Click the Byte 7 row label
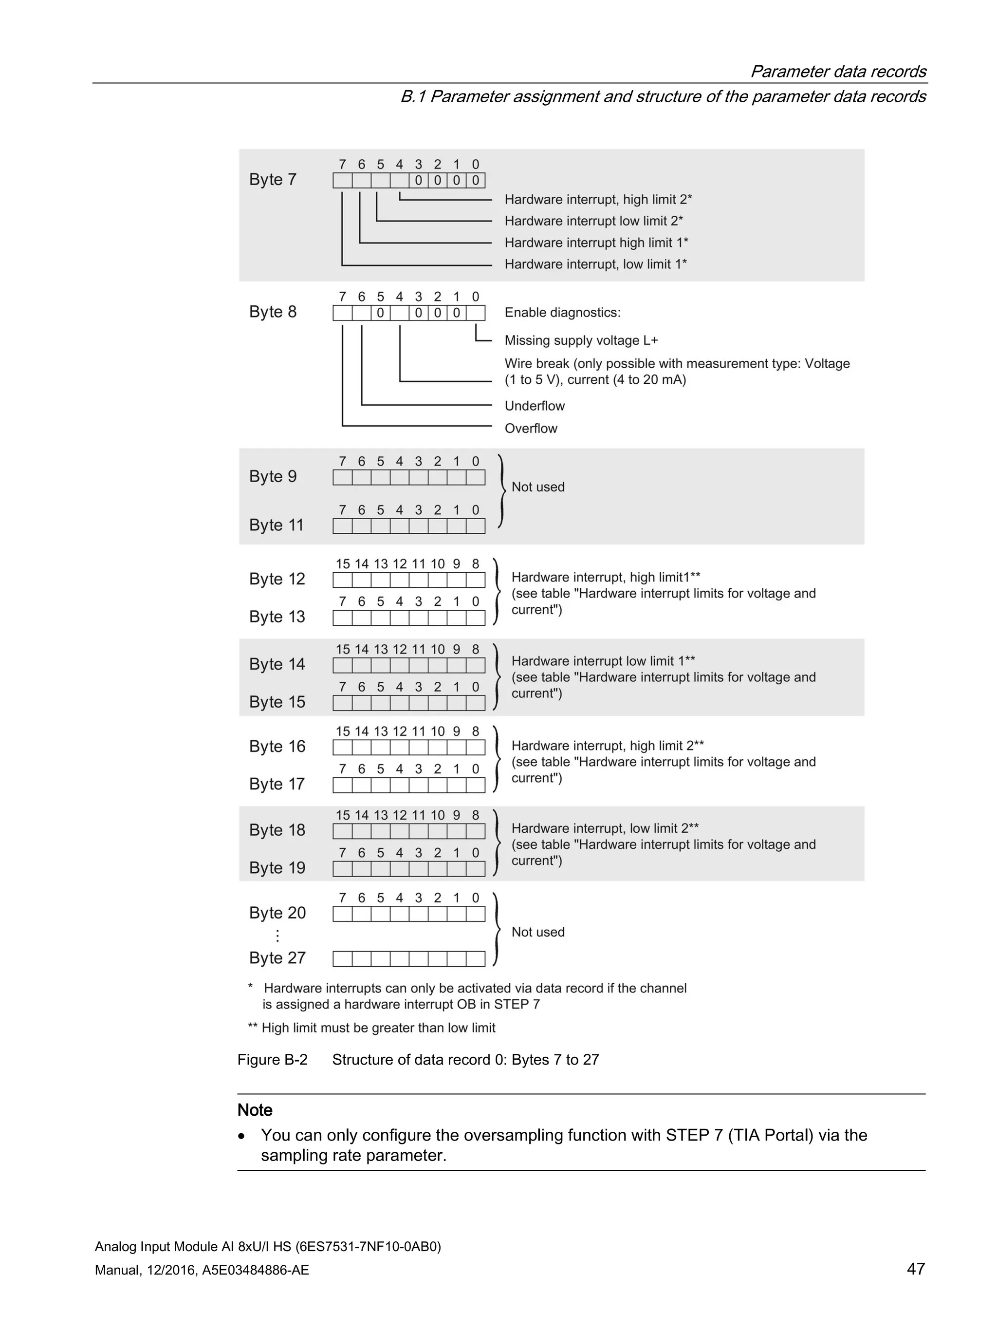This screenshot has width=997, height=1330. (x=273, y=180)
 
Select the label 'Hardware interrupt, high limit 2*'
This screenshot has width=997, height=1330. (x=598, y=200)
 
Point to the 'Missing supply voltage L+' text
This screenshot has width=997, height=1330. (x=581, y=341)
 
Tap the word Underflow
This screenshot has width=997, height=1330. (x=534, y=406)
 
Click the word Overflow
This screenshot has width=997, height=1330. (x=531, y=429)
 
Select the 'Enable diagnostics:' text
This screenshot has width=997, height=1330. (x=562, y=313)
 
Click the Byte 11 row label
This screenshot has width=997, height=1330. (x=276, y=525)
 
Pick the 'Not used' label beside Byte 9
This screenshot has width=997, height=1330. (x=537, y=487)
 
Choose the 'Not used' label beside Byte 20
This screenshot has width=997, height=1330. (x=537, y=932)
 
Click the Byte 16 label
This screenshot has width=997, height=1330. (x=277, y=746)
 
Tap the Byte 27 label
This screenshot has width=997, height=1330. (x=277, y=958)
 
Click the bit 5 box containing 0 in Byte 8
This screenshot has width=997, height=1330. (x=380, y=313)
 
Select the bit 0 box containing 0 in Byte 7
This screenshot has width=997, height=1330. (x=475, y=180)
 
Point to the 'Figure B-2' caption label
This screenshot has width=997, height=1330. (x=272, y=1059)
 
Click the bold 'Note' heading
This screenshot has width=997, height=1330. (x=255, y=1110)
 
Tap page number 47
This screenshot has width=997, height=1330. (x=915, y=1269)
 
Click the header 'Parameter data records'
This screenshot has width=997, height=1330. (x=838, y=72)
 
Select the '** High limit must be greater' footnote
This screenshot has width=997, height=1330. (x=371, y=1028)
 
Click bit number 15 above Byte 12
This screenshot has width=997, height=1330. (x=343, y=564)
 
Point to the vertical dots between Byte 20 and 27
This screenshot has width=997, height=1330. (x=277, y=936)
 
